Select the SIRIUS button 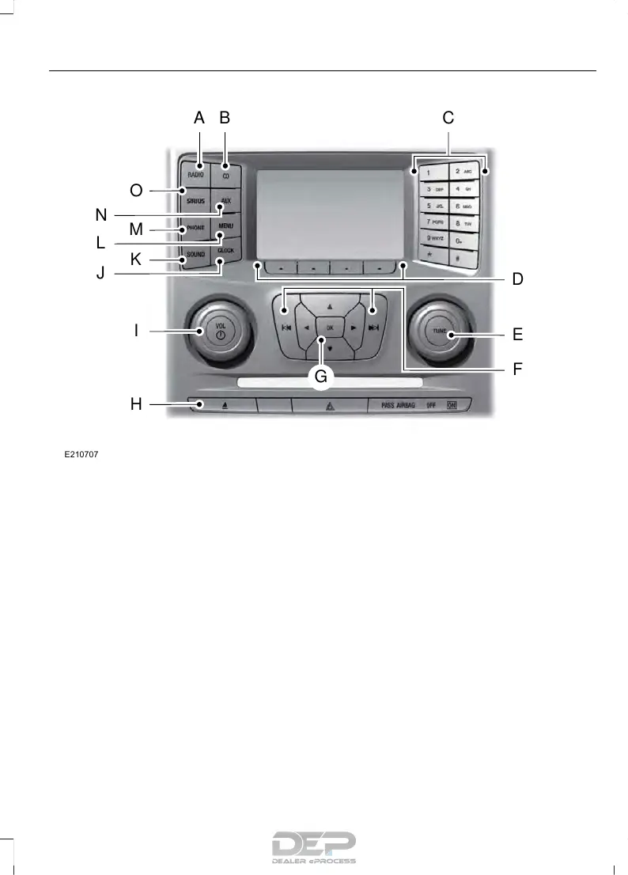click(x=195, y=201)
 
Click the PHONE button click(x=195, y=229)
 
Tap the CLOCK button click(x=227, y=251)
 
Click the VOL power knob click(x=220, y=331)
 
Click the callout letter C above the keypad click(x=448, y=118)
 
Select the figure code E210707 click(x=81, y=456)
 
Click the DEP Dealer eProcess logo click(x=314, y=847)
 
